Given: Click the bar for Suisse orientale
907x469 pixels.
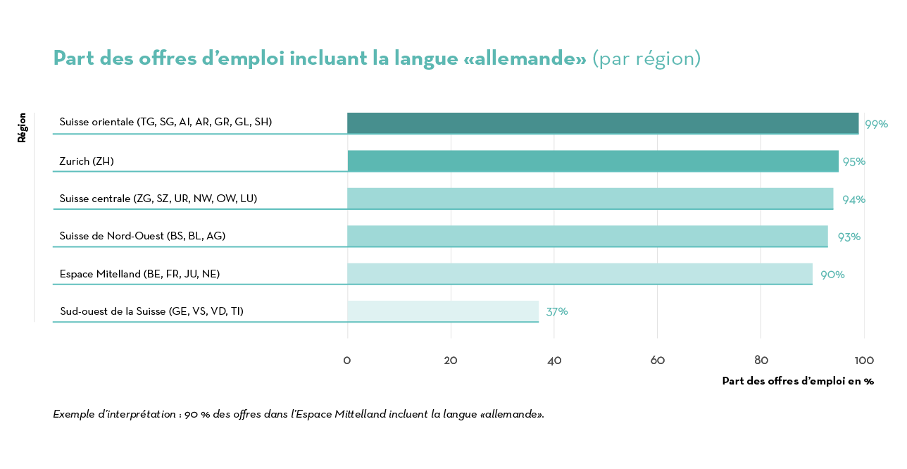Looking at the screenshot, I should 603,123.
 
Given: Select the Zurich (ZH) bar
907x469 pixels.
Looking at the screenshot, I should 593,161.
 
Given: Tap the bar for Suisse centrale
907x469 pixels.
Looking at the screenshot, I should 590,199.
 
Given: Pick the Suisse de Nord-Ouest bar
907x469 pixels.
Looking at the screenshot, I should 587,237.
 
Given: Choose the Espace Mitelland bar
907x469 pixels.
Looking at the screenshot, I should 580,274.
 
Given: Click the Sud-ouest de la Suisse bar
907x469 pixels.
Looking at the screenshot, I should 443,311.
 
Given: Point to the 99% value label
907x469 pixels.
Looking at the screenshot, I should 876,124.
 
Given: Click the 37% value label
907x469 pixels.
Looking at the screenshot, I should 556,311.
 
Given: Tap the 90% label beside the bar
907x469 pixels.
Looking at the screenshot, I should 832,274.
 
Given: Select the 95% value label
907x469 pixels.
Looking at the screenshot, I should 853,161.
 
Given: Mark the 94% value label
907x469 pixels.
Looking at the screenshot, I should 853,199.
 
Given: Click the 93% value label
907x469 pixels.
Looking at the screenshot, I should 849,237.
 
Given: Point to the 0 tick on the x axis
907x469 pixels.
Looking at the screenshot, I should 347,361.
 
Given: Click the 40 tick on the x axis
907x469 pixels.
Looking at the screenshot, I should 554,361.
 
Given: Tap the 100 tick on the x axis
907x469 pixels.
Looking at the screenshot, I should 863,361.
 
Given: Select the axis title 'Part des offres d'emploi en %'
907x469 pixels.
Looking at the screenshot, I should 797,381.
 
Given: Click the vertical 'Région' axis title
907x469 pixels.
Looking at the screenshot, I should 22,127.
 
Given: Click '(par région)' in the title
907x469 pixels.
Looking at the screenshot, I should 646,58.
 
